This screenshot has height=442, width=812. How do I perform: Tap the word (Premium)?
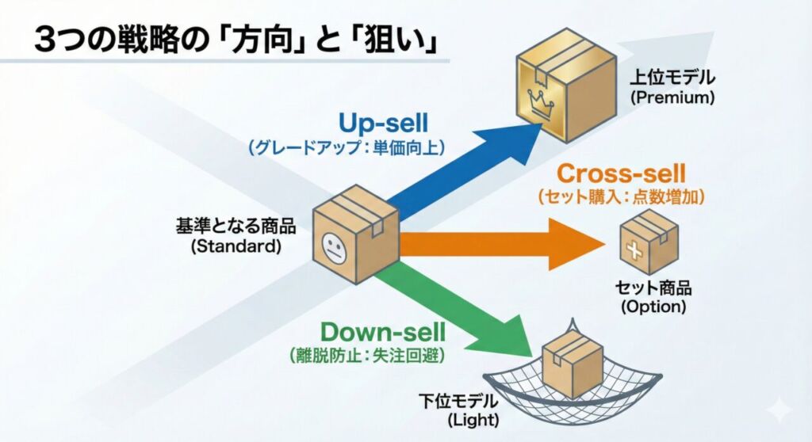672,99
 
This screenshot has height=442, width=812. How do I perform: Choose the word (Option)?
653,307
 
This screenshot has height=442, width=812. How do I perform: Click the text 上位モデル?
672,79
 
